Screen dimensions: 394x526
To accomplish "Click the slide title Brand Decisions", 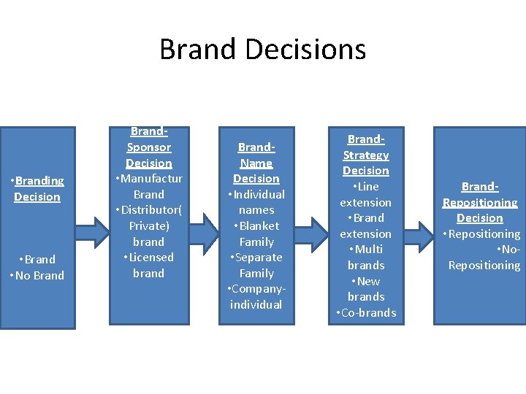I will [x=262, y=50].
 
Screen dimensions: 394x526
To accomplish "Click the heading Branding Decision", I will [x=37, y=188].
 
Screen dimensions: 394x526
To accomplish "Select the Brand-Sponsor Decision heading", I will [x=148, y=147].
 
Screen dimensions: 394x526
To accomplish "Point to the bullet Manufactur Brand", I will [x=148, y=186].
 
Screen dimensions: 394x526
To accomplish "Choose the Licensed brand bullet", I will [x=148, y=265].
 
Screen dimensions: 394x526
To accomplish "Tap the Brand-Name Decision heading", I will [x=256, y=163].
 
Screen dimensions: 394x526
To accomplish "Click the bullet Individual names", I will [x=256, y=202].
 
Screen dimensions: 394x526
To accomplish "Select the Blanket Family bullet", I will [x=256, y=233].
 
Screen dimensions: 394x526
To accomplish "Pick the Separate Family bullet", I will [x=256, y=265].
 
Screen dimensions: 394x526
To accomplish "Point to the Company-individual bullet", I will [x=256, y=296].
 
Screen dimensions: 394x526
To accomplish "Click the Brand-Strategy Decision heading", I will [x=366, y=155].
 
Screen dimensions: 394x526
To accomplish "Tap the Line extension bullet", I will [x=366, y=194].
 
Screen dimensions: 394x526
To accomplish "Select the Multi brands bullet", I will [x=366, y=257].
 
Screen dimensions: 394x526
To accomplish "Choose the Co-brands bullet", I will [x=366, y=312].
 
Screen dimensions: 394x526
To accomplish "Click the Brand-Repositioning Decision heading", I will [x=480, y=202].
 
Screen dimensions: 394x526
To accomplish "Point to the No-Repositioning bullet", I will [x=484, y=258].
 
